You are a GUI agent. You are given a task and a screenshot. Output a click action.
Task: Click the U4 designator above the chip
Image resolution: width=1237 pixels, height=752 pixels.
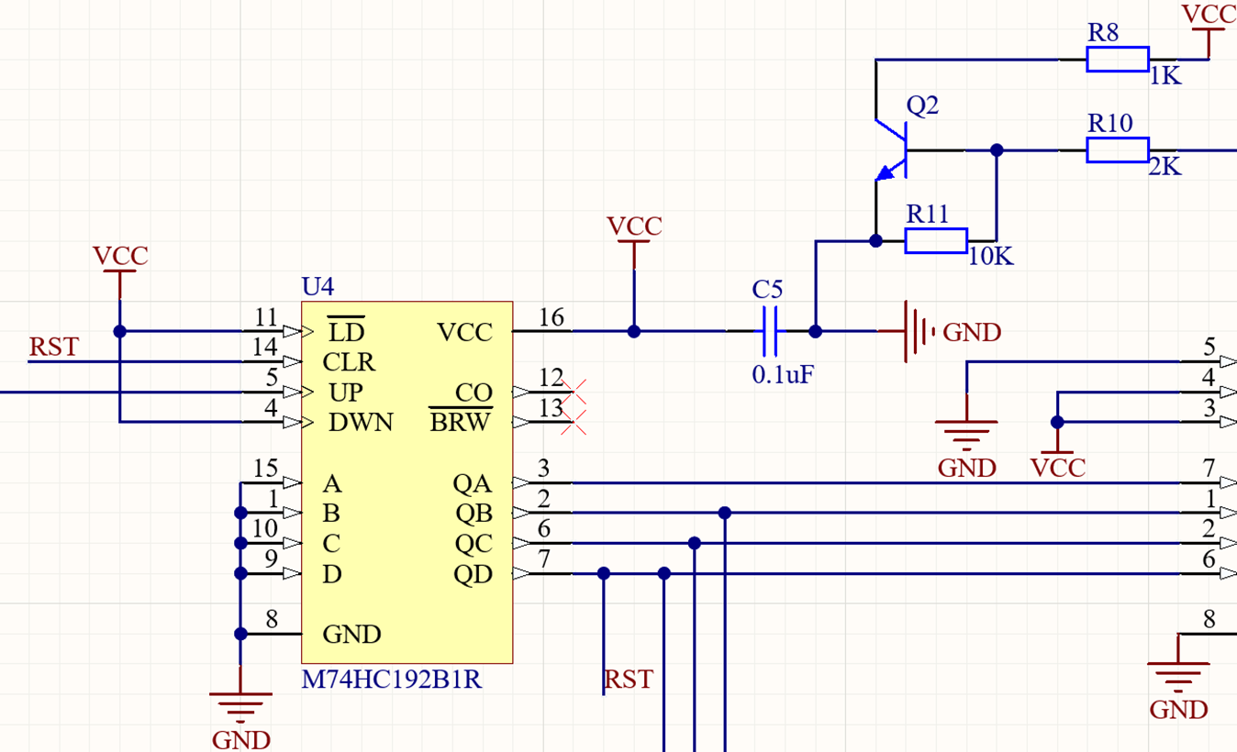point(318,286)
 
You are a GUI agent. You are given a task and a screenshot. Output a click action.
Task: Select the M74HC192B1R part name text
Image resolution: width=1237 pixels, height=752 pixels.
point(392,680)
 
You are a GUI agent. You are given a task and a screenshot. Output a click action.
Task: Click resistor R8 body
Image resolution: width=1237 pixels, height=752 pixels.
point(1117,60)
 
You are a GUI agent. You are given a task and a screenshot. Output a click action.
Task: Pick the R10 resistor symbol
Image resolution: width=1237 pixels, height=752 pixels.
point(1117,150)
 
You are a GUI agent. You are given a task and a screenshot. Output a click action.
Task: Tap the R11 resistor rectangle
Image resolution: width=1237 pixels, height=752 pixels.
point(935,241)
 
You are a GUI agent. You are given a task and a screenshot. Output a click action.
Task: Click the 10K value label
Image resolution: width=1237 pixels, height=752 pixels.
point(990,258)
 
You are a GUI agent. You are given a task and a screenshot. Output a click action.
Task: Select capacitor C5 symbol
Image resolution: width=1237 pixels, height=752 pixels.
point(769,331)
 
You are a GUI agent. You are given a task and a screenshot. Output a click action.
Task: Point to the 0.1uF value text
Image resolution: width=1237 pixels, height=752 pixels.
point(783,374)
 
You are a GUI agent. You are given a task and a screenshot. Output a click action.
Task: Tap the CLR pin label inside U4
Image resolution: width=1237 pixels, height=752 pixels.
point(349,362)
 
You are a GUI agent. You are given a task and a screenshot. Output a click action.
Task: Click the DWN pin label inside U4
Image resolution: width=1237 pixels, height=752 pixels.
point(361,423)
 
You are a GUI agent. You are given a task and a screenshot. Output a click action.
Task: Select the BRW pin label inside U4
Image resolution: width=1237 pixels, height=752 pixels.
point(461,423)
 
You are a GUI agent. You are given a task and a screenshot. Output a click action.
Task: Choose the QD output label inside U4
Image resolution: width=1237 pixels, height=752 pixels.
point(473,575)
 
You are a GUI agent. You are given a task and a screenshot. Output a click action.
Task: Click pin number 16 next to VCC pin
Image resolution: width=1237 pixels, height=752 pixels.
point(552,317)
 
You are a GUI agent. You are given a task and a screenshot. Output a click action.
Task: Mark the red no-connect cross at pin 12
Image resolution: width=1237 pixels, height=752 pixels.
point(574,393)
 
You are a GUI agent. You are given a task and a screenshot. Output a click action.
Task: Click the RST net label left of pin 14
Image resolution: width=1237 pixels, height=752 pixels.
point(53,348)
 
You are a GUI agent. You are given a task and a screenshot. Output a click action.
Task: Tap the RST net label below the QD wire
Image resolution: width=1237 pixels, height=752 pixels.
point(629,680)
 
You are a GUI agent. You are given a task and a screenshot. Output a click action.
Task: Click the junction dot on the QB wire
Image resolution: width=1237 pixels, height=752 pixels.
point(725,513)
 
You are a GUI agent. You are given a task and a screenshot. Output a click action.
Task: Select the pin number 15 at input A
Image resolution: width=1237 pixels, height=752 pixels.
point(265,470)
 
